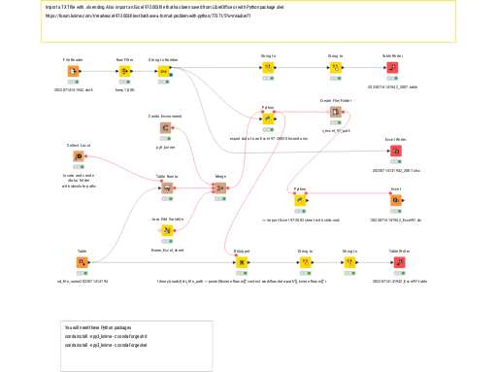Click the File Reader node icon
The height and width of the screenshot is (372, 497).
(x=72, y=71)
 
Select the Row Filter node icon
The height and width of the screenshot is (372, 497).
(x=124, y=71)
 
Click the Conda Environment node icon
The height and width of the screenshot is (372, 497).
(x=166, y=127)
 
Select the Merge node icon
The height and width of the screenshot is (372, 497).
(x=220, y=187)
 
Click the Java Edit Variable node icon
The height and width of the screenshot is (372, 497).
(x=167, y=230)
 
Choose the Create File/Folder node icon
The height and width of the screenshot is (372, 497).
(x=335, y=112)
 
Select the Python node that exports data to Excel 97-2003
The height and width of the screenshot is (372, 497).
(x=268, y=118)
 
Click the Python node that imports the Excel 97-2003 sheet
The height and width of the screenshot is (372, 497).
(x=300, y=200)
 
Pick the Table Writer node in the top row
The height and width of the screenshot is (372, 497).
(x=393, y=68)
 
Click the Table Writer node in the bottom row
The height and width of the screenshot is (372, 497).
(x=399, y=261)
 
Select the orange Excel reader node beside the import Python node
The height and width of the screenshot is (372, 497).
(x=396, y=200)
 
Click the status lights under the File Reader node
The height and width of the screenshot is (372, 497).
(x=72, y=82)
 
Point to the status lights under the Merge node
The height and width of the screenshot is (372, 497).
(x=220, y=198)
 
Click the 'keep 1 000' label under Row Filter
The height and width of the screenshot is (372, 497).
(x=124, y=88)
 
